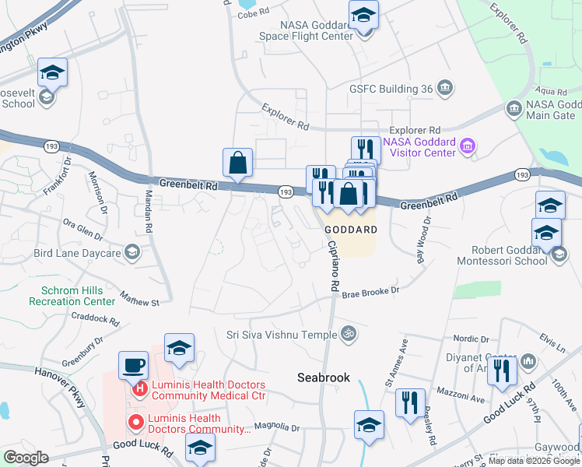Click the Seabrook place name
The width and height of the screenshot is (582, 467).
[323, 377]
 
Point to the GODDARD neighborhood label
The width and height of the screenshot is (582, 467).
[351, 230]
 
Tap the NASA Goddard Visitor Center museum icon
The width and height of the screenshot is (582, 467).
[467, 146]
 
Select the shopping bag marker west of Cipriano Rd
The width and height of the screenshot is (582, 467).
[238, 163]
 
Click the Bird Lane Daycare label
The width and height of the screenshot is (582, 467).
[76, 253]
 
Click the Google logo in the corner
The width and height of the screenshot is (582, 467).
[26, 457]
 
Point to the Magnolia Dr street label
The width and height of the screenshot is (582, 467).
[276, 427]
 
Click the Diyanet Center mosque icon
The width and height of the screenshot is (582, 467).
[529, 361]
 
